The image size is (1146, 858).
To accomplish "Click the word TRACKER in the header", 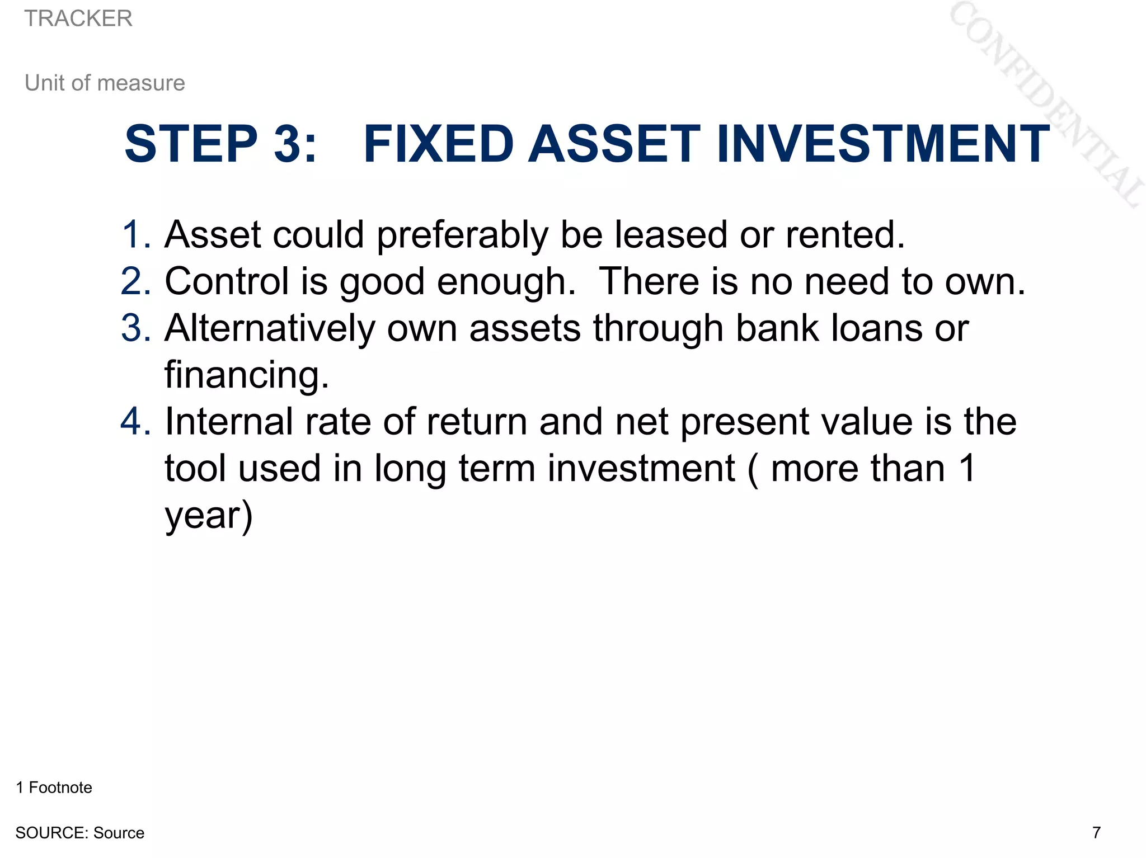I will pyautogui.click(x=78, y=19).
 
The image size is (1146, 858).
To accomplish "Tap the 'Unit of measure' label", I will pyautogui.click(x=105, y=83).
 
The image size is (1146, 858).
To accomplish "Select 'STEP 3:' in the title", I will pyautogui.click(x=221, y=144).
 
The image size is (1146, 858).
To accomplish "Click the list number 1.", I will pyautogui.click(x=135, y=234).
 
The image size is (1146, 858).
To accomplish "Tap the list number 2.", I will pyautogui.click(x=135, y=281).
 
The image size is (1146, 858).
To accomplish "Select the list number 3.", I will pyautogui.click(x=135, y=328).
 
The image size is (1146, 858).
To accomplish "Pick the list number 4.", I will pyautogui.click(x=135, y=422).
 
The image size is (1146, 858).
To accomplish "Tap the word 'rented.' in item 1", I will pyautogui.click(x=844, y=234).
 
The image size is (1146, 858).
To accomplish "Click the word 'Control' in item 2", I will pyautogui.click(x=226, y=281).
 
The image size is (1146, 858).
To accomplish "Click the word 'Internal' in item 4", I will pyautogui.click(x=228, y=422).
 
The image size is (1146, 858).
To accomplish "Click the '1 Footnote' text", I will pyautogui.click(x=54, y=788).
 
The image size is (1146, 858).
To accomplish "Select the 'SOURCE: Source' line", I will pyautogui.click(x=79, y=833).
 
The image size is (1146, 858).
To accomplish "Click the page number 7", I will pyautogui.click(x=1096, y=833).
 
